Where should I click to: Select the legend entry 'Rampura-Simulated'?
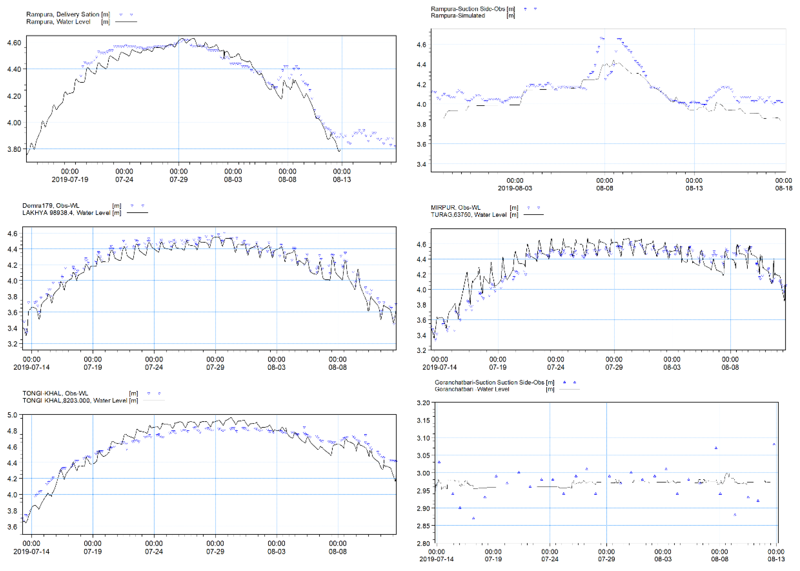[x=458, y=16]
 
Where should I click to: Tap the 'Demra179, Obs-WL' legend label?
[x=51, y=206]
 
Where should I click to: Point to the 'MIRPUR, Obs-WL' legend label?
[x=456, y=208]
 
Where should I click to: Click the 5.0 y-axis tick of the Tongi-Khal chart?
[x=12, y=415]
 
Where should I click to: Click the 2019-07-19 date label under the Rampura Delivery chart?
[x=70, y=180]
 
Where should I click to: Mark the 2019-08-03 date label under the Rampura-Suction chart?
[x=515, y=188]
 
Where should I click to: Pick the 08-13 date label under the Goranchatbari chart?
[x=776, y=559]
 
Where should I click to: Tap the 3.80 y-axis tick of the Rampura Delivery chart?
[x=14, y=149]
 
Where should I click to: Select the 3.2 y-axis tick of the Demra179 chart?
[x=12, y=344]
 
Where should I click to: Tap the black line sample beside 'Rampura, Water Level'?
[x=126, y=22]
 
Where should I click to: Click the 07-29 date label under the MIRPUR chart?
[x=614, y=367]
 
